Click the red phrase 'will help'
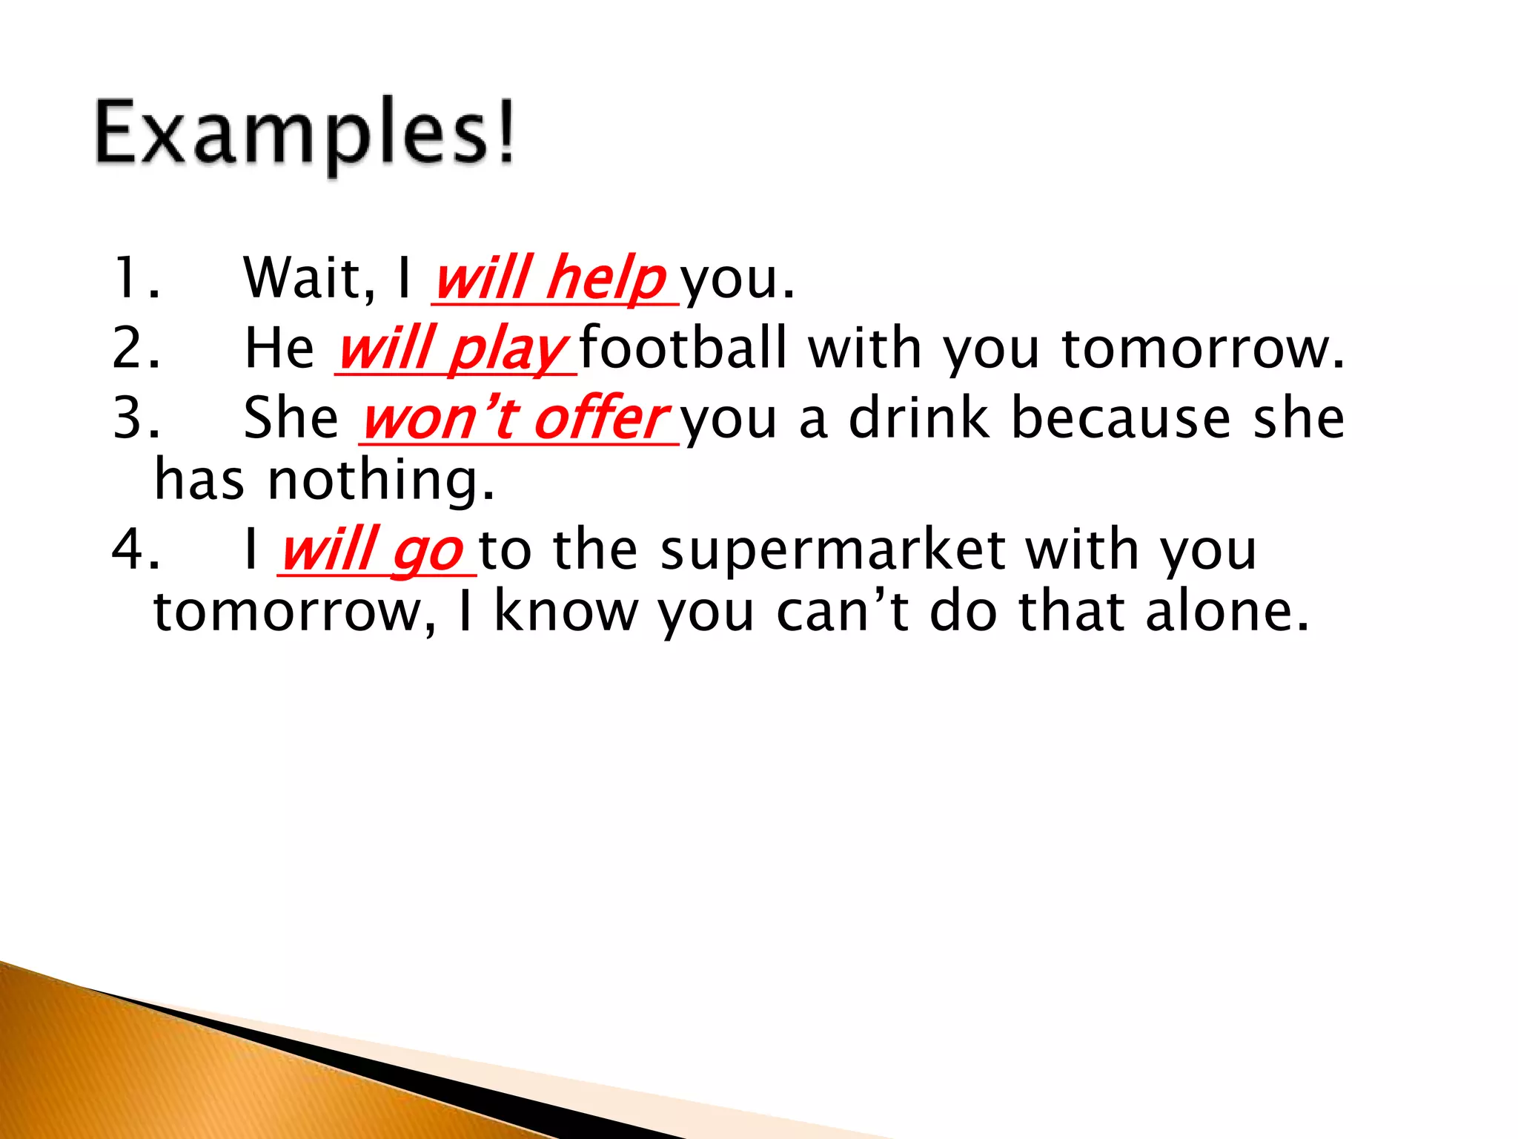tap(551, 279)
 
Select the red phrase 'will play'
tap(453, 349)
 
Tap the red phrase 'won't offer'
tap(517, 418)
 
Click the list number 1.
tap(136, 279)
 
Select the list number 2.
tap(136, 349)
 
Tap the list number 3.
tap(136, 418)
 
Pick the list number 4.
tap(136, 550)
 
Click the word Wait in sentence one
tap(308, 279)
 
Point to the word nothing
tap(380, 481)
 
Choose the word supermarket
tap(832, 550)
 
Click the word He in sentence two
tap(279, 349)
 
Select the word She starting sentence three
tap(291, 418)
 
